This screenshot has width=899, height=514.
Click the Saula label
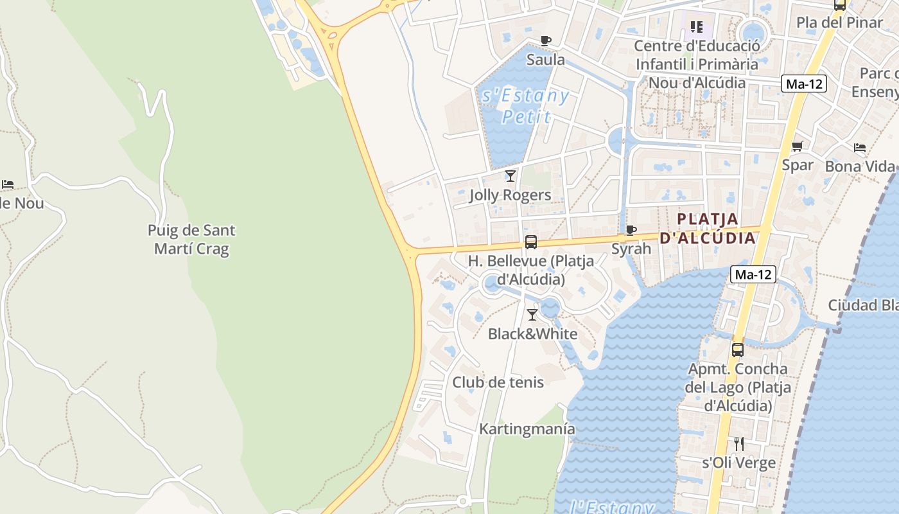[x=546, y=60]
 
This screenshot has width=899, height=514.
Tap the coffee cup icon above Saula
[x=546, y=41]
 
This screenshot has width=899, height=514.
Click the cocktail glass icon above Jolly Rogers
[x=511, y=175]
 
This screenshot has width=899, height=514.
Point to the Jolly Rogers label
[x=510, y=195]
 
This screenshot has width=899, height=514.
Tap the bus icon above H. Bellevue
[x=531, y=242]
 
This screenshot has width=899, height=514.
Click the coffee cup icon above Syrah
[x=631, y=230]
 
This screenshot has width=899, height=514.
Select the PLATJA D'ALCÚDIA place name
[x=708, y=228]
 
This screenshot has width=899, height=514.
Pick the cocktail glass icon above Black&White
[x=532, y=315]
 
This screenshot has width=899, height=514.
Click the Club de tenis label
[x=498, y=382]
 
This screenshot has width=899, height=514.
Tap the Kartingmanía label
[x=527, y=429]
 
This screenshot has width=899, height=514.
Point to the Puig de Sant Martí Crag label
[x=191, y=239]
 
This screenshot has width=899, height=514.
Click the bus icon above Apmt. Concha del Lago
[x=738, y=350]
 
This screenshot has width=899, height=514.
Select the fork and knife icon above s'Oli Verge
[x=739, y=443]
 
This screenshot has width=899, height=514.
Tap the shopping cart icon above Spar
[x=798, y=146]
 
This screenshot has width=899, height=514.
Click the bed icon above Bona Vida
[x=860, y=148]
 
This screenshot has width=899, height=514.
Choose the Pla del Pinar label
[x=840, y=22]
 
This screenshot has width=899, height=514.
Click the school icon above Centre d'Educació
[x=697, y=27]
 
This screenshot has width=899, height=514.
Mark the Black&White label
[x=532, y=334]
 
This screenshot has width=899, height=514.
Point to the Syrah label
[x=631, y=249]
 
